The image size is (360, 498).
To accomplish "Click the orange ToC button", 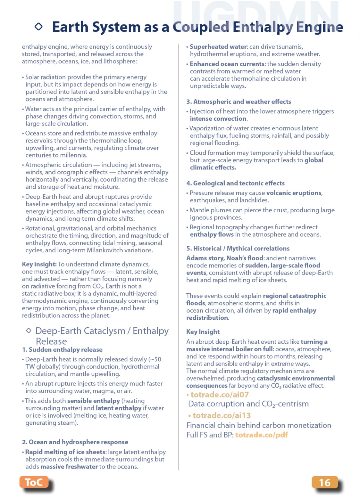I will pyautogui.click(x=34, y=482).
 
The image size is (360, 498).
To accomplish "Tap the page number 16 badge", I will pyautogui.click(x=324, y=482).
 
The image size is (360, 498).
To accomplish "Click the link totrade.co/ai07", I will pyautogui.click(x=220, y=395).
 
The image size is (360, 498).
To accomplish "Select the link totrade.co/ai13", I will pyautogui.click(x=222, y=415).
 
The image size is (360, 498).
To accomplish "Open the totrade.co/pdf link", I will pyautogui.click(x=261, y=435).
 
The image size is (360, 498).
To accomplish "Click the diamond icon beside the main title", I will pyautogui.click(x=38, y=27).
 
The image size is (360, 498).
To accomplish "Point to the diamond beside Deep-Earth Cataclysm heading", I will pyautogui.click(x=29, y=331).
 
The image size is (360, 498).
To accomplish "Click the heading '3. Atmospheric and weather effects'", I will pyautogui.click(x=239, y=102).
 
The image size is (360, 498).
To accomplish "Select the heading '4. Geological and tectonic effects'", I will pyautogui.click(x=236, y=183).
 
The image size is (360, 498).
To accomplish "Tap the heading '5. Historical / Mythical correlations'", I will pyautogui.click(x=238, y=248).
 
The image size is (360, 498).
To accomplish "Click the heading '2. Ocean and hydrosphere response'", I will pyautogui.click(x=75, y=442).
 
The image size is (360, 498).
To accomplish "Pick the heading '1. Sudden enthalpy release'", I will pyautogui.click(x=62, y=349).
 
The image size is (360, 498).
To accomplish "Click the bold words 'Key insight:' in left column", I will pyautogui.click(x=39, y=264).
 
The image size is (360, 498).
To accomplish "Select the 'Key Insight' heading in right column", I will pyautogui.click(x=203, y=332).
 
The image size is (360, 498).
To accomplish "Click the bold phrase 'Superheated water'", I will pyautogui.click(x=218, y=47).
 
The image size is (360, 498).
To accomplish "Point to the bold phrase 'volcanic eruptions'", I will pyautogui.click(x=294, y=193).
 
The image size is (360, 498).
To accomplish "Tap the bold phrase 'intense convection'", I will pyautogui.click(x=218, y=118).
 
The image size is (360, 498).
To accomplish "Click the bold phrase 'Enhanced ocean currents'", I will pyautogui.click(x=227, y=64).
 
